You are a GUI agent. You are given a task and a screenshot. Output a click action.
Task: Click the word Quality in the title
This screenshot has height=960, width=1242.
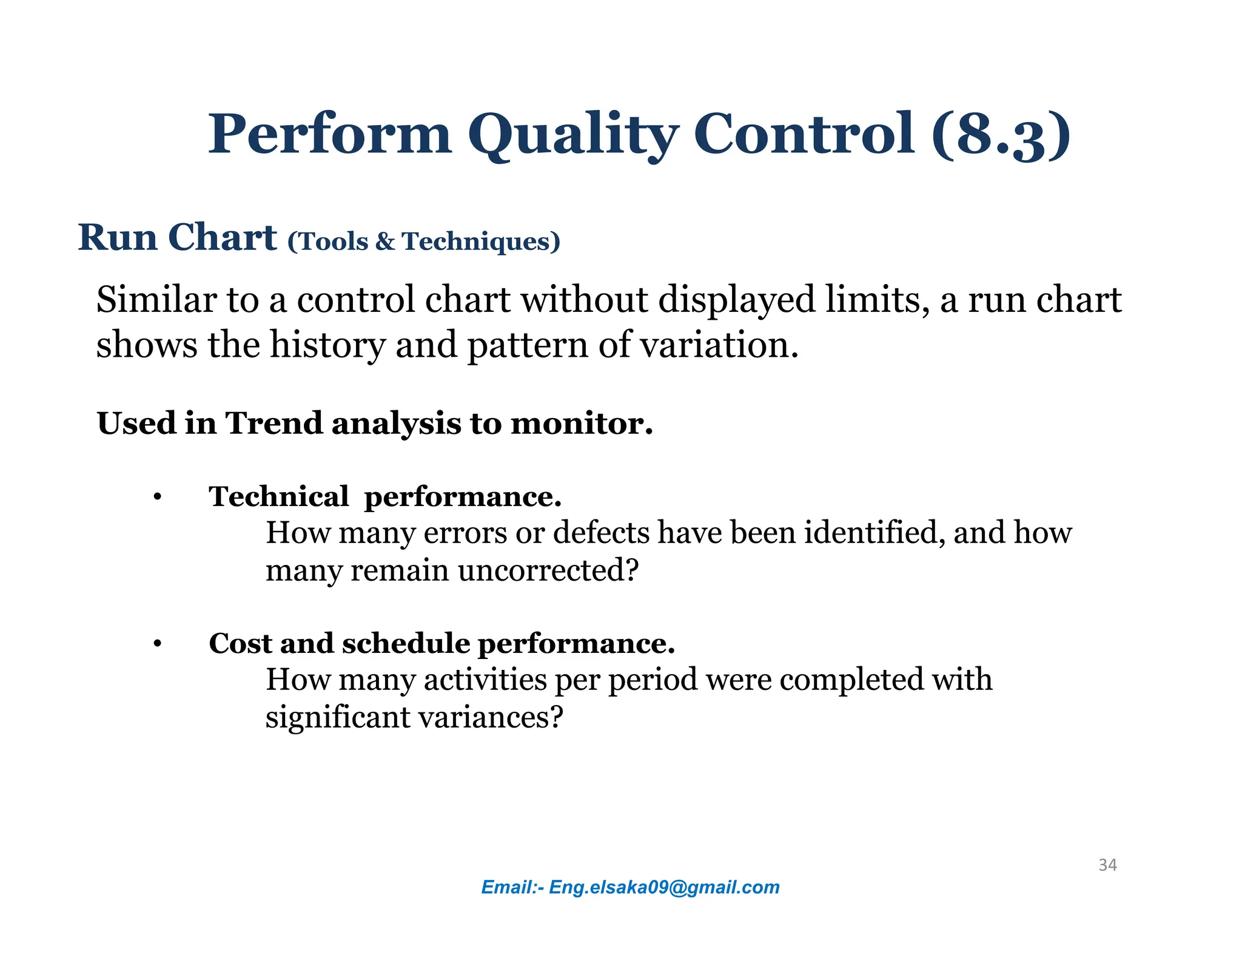point(572,135)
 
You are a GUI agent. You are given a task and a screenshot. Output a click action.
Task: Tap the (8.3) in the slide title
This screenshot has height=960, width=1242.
point(1001,135)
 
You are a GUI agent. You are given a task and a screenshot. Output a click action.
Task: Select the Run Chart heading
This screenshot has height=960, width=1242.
point(177,237)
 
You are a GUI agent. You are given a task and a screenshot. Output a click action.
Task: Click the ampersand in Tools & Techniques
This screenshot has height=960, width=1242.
point(384,242)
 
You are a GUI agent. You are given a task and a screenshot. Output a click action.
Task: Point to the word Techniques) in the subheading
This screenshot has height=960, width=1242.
point(481,242)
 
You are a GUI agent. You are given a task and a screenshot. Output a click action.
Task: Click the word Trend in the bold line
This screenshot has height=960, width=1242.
point(274,423)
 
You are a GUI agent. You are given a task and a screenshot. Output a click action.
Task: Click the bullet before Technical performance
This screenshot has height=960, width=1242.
point(157,498)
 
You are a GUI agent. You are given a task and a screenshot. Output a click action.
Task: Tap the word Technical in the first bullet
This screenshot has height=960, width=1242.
point(278,497)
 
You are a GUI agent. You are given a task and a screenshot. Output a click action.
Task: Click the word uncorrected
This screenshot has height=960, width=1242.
point(548,570)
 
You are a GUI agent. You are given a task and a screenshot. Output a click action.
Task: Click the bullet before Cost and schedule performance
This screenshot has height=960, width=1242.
point(157,644)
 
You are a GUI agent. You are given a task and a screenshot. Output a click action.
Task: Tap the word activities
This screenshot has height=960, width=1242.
point(485,680)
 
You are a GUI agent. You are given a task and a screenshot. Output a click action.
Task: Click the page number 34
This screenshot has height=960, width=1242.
point(1107,865)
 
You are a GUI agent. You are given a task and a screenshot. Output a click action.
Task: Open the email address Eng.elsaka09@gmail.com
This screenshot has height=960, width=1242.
point(664,887)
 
